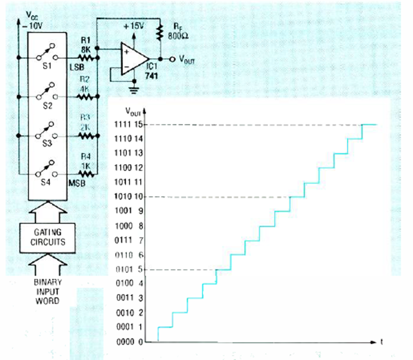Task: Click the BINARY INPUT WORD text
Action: point(47,291)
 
